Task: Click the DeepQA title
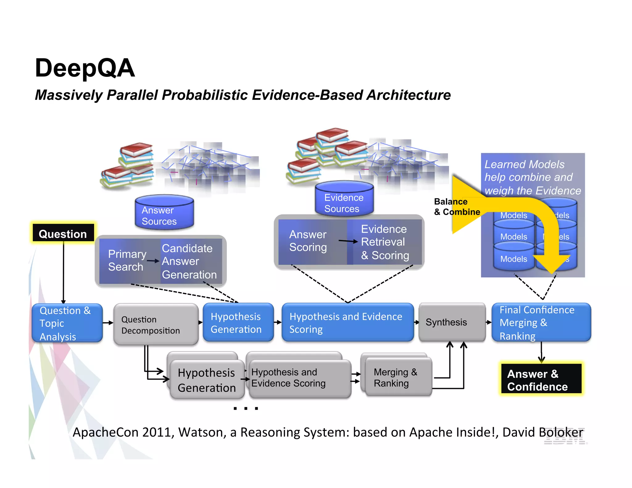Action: [85, 68]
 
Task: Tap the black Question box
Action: [63, 234]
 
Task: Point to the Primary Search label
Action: [127, 260]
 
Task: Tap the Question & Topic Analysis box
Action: [67, 323]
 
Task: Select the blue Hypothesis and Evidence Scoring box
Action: [347, 323]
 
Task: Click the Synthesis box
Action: [451, 322]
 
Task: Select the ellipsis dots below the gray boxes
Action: [246, 408]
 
